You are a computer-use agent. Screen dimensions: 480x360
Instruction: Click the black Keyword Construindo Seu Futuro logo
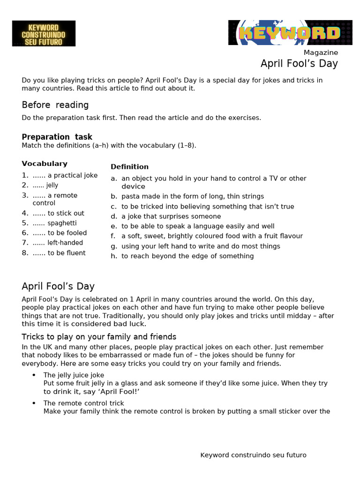(44, 33)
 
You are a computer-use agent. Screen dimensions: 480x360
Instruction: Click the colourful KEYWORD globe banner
(290, 33)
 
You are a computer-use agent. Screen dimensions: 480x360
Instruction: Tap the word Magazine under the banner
(321, 52)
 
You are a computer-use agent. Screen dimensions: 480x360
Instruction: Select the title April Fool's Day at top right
(299, 64)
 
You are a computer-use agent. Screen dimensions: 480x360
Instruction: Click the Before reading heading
(55, 105)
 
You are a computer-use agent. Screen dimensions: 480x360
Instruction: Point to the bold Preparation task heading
(57, 137)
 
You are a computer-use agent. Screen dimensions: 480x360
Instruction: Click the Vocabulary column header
(45, 164)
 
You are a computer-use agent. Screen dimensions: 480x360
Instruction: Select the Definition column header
(129, 166)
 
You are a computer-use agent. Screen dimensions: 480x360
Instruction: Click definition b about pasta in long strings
(192, 196)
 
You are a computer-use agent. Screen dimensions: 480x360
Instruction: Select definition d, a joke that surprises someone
(171, 217)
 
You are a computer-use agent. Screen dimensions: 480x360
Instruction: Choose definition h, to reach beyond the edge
(187, 256)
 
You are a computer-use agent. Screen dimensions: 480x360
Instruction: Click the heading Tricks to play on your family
(99, 337)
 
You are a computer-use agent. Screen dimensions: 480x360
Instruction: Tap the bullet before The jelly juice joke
(34, 375)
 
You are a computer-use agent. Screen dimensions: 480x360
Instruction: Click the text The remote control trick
(83, 403)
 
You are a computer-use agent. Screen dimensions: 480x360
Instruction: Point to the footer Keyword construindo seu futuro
(253, 455)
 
